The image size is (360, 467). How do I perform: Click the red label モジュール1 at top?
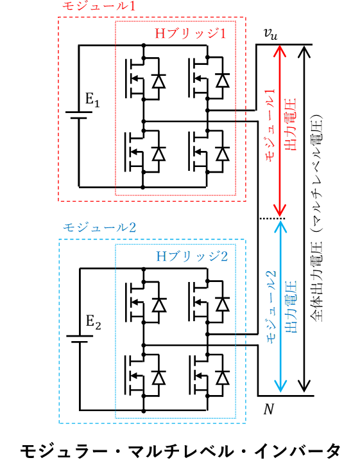pyautogui.click(x=94, y=6)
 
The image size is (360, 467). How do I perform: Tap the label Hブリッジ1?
pyautogui.click(x=190, y=32)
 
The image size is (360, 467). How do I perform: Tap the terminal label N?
pyautogui.click(x=270, y=409)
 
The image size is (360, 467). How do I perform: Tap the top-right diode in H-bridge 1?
pyautogui.click(x=222, y=82)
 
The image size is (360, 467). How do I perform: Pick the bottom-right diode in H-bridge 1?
pyautogui.click(x=222, y=154)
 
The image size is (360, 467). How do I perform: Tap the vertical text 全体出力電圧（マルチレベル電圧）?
pyautogui.click(x=319, y=218)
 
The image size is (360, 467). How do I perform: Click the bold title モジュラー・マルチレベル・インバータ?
pyautogui.click(x=180, y=450)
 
